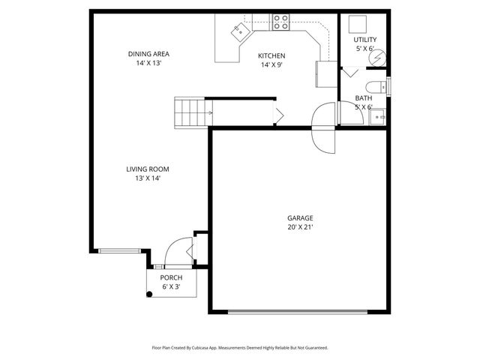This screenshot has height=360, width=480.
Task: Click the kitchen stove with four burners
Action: click(281, 23)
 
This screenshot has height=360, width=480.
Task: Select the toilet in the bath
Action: click(377, 85)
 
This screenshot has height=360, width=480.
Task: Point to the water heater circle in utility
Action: click(379, 57)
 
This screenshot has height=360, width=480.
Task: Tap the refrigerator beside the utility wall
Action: click(326, 74)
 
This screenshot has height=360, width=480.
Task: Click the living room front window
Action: click(119, 250)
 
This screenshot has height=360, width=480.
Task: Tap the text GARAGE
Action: click(300, 218)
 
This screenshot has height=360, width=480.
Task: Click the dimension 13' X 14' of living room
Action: click(147, 178)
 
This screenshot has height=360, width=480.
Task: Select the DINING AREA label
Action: click(148, 53)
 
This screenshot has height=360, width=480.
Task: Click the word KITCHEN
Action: click(271, 55)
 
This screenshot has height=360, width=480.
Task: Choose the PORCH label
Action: click(171, 277)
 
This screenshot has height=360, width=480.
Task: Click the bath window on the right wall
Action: click(388, 85)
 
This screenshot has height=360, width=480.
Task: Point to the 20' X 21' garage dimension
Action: click(300, 227)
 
